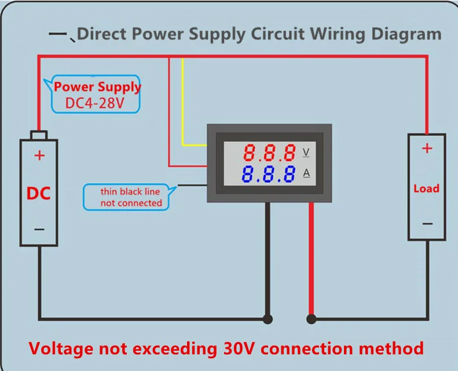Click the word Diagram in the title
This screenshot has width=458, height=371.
(x=406, y=35)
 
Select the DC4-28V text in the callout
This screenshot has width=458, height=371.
(x=94, y=103)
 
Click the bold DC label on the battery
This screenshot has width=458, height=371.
(x=39, y=193)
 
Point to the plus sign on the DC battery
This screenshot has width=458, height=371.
(x=39, y=156)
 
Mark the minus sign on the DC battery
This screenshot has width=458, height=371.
(x=39, y=229)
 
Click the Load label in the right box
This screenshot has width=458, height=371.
(x=427, y=189)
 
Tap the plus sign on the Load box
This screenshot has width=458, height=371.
(x=427, y=148)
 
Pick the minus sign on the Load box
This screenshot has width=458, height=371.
(x=427, y=224)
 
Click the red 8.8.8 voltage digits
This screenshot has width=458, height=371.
(x=269, y=152)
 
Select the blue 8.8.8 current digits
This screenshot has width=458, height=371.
(x=268, y=174)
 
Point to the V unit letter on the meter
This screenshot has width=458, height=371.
(x=306, y=152)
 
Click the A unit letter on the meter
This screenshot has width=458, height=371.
(x=306, y=173)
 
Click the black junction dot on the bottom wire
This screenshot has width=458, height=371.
(x=268, y=319)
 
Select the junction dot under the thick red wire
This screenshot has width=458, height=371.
(x=312, y=319)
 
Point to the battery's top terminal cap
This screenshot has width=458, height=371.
(x=39, y=135)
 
